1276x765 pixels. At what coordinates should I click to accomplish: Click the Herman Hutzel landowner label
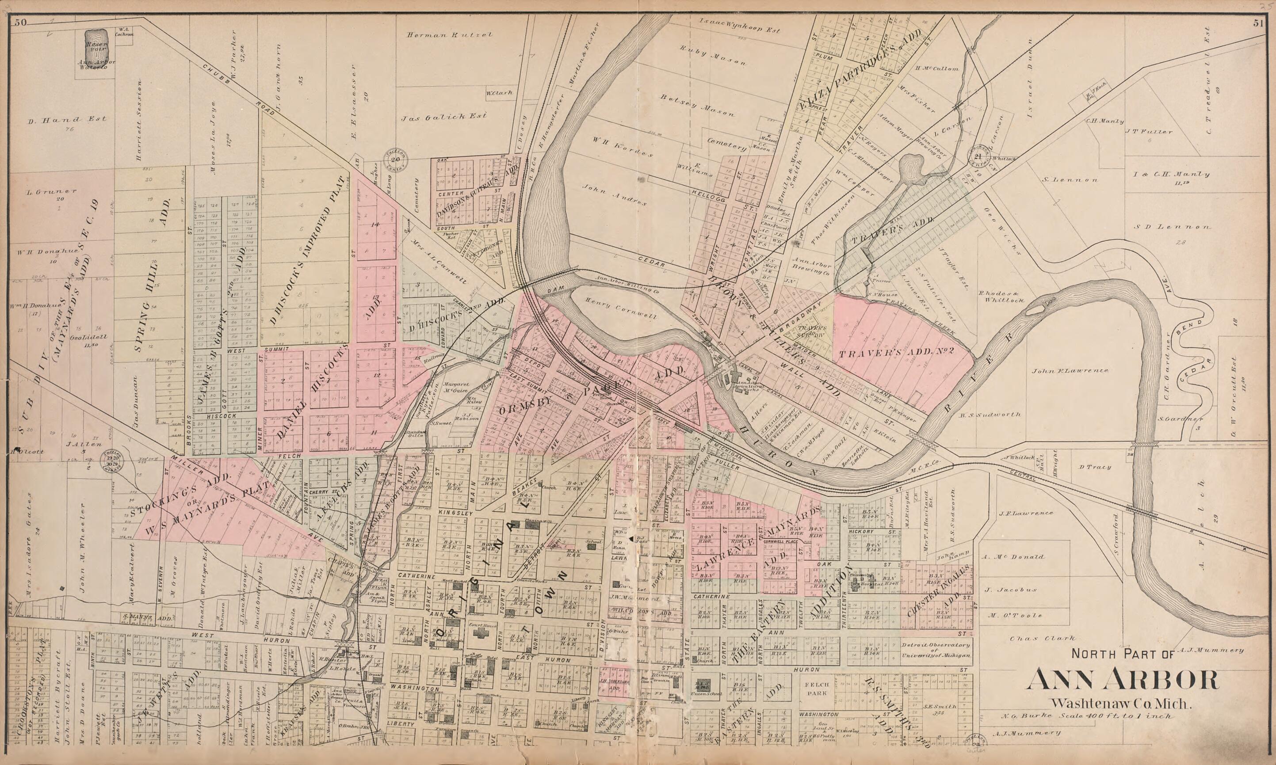tap(450, 35)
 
